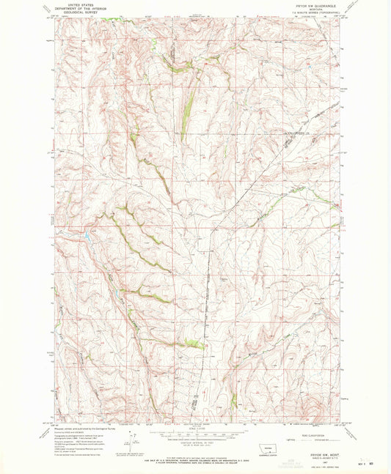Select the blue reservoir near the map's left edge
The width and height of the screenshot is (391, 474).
point(87,236)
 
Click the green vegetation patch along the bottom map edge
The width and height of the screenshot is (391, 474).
point(233,402)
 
